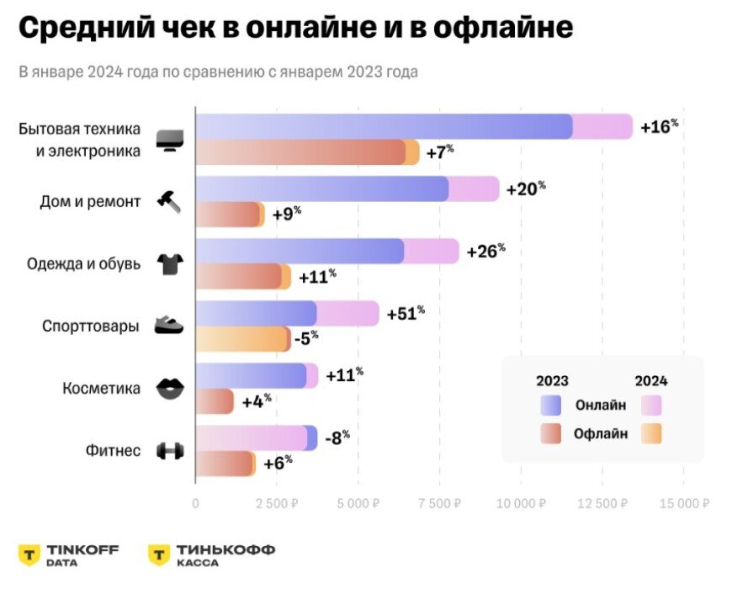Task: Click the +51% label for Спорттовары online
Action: pos(406,313)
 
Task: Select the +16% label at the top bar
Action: pos(659,126)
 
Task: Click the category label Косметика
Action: pos(102,388)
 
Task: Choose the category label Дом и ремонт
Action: pos(90,201)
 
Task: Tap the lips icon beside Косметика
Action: pos(170,389)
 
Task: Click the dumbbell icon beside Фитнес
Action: pos(170,451)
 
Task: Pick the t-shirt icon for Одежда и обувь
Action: pos(170,264)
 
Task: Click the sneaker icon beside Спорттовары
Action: pos(170,326)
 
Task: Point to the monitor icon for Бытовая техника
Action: pos(170,140)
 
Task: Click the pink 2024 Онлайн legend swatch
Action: pos(651,406)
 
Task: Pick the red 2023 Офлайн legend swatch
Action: pos(552,433)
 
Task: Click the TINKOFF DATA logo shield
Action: pos(29,555)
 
